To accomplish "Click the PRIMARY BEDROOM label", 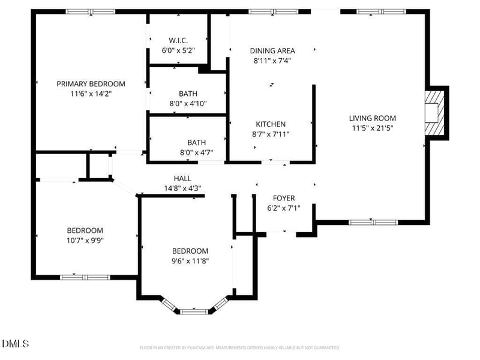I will pyautogui.click(x=91, y=84).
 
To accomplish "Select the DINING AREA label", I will pyautogui.click(x=272, y=51).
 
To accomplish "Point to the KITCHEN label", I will pyautogui.click(x=271, y=124).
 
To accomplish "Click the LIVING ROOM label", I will pyautogui.click(x=373, y=118).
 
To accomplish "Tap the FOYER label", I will pyautogui.click(x=284, y=198).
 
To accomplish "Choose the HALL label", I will pyautogui.click(x=182, y=178).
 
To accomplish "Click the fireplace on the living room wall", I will pyautogui.click(x=433, y=113).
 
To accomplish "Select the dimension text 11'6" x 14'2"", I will pyautogui.click(x=91, y=94).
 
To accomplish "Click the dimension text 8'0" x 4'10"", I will pyautogui.click(x=188, y=103).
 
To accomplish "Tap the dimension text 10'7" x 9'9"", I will pyautogui.click(x=85, y=240).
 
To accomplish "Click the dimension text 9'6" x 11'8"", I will pyautogui.click(x=190, y=260).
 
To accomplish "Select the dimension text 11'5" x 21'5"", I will pyautogui.click(x=373, y=128).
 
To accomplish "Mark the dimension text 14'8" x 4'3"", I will pyautogui.click(x=182, y=188).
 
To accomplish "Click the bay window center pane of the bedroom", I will pyautogui.click(x=194, y=311).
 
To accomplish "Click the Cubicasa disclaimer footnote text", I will pyautogui.click(x=240, y=347).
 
